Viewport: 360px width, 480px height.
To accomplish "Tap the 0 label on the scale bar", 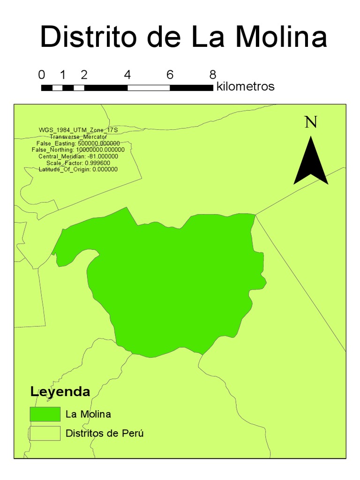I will (42, 75).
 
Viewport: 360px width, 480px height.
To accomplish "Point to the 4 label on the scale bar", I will (127, 75).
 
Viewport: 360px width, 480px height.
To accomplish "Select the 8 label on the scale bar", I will (213, 75).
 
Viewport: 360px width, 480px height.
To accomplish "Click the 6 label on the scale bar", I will (170, 75).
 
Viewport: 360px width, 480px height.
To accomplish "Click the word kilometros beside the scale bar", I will (245, 87).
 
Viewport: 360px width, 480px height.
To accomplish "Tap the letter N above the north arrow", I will (311, 122).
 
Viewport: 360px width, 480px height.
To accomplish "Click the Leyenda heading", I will (60, 391).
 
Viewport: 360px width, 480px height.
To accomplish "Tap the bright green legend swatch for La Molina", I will (45, 414).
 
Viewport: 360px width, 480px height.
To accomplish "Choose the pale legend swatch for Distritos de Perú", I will (45, 433).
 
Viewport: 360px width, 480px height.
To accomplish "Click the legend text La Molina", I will (88, 414).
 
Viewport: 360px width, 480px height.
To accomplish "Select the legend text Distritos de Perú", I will (105, 433).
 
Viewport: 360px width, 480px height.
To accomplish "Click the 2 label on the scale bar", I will (84, 75).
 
